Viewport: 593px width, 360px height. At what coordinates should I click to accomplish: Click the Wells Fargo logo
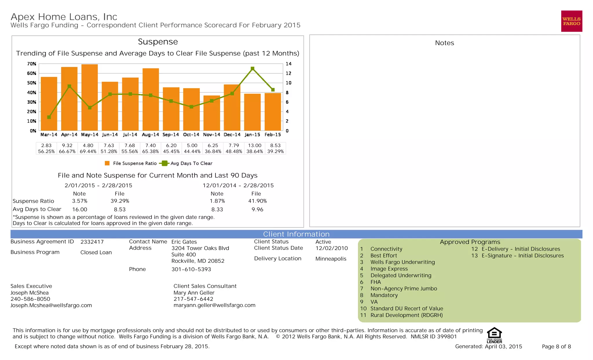tap(571, 21)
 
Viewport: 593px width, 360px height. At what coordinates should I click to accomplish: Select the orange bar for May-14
tap(89, 97)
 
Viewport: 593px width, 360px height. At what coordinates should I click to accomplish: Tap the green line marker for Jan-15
tap(252, 69)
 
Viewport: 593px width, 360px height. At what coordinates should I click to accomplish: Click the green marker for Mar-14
tap(49, 117)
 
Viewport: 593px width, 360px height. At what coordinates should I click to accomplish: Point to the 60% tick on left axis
tap(32, 73)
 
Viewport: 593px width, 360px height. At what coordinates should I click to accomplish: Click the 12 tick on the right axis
tap(288, 73)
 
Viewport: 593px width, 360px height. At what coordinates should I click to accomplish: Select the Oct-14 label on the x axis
tap(191, 135)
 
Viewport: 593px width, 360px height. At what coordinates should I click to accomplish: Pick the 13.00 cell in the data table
tap(255, 145)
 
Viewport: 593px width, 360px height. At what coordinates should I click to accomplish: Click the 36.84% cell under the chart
tap(213, 151)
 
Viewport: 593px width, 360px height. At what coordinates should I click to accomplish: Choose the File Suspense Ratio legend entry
tap(131, 163)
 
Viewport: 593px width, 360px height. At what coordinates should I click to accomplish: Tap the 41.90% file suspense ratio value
tap(257, 201)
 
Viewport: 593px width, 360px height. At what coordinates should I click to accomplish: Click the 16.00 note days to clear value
tap(80, 209)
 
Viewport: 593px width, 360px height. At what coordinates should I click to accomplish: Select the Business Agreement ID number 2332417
tap(92, 242)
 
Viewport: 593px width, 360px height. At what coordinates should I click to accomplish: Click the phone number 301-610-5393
tap(191, 269)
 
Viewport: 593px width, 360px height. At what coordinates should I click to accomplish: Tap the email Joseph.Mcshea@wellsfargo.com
tap(51, 305)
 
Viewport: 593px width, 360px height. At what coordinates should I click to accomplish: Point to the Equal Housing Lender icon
tap(494, 335)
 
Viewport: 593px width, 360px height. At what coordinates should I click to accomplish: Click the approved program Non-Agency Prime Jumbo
tap(404, 288)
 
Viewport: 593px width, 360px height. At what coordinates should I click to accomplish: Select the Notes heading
tap(444, 43)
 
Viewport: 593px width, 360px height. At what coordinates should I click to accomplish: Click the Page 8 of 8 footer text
tap(556, 346)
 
